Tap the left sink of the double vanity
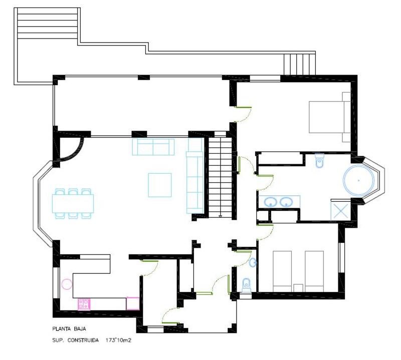pyautogui.click(x=271, y=202)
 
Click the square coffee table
pyautogui.click(x=159, y=184)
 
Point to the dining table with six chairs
pyautogui.click(x=73, y=203)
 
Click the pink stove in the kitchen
pyautogui.click(x=83, y=303)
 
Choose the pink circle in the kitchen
pyautogui.click(x=67, y=284)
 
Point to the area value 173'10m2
pyautogui.click(x=119, y=339)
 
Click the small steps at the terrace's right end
pyautogui.click(x=300, y=64)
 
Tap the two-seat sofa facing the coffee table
pyautogui.click(x=153, y=147)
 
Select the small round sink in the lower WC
pyautogui.click(x=252, y=262)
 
